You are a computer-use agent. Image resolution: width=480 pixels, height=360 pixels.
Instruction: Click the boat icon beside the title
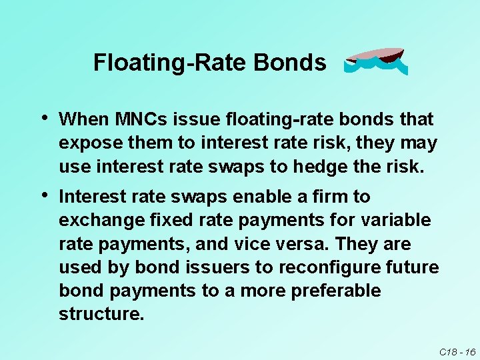tap(375, 61)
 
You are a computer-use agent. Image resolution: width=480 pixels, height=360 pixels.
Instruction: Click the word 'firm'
tap(328, 197)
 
